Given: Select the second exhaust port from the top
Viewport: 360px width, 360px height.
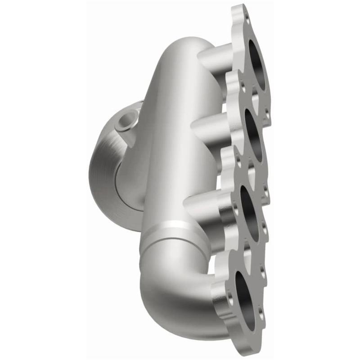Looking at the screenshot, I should (254, 135).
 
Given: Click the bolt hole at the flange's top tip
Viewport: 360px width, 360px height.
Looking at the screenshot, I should (247, 18).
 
